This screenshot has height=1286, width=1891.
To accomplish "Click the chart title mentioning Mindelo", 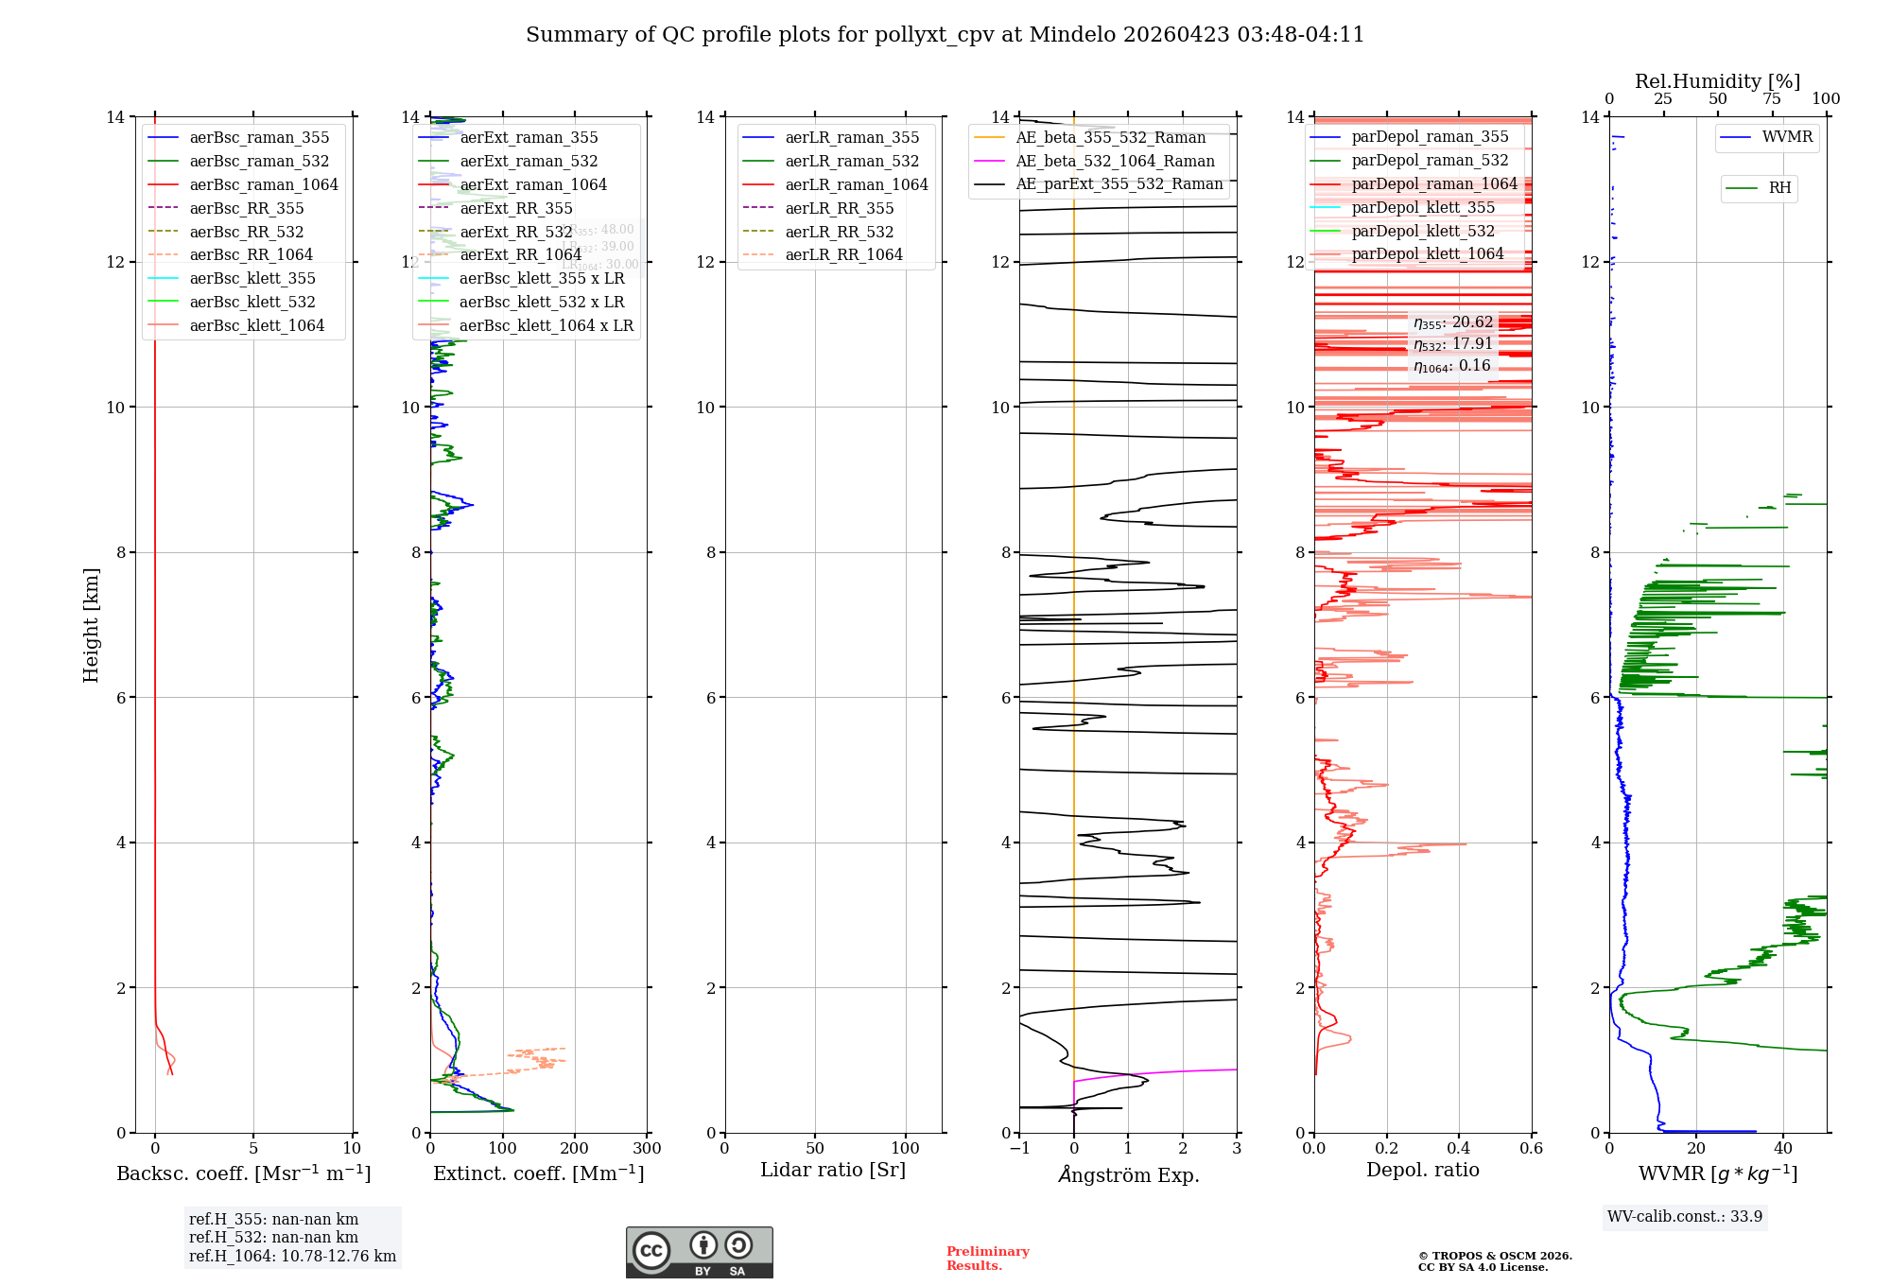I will pyautogui.click(x=945, y=35).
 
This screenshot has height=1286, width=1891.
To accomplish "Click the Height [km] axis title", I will pyautogui.click(x=91, y=625).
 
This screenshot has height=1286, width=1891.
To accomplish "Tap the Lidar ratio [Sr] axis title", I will pyautogui.click(x=832, y=1171).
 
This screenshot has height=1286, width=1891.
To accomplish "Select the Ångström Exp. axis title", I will pyautogui.click(x=1128, y=1175).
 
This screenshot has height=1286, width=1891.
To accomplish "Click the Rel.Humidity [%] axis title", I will pyautogui.click(x=1717, y=81).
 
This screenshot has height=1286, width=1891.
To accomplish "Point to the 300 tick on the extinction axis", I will pyautogui.click(x=647, y=1149).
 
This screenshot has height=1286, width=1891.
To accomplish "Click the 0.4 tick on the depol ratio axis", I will pyautogui.click(x=1459, y=1149).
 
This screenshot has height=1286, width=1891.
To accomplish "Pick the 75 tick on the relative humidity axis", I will pyautogui.click(x=1772, y=99).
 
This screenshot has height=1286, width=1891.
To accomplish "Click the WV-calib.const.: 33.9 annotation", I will pyautogui.click(x=1685, y=1217).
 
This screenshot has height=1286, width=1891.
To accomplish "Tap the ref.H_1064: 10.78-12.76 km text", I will pyautogui.click(x=292, y=1257).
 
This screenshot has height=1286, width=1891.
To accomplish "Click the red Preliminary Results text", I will pyautogui.click(x=987, y=1259).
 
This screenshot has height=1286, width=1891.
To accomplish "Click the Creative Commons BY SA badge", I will pyautogui.click(x=699, y=1253).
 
